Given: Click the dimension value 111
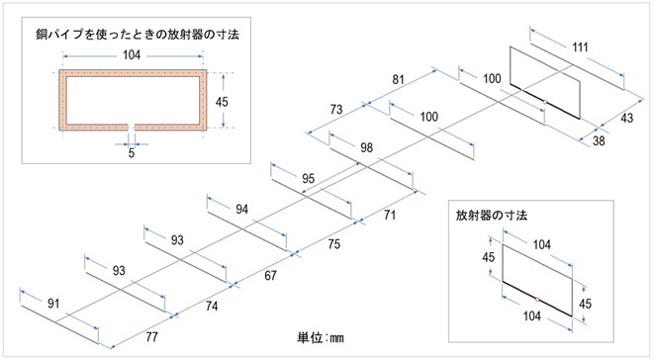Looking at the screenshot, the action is (x=580, y=47).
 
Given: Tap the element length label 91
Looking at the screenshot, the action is (x=53, y=304).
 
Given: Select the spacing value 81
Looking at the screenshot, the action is (x=399, y=79).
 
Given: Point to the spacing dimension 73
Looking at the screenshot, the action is (x=336, y=110).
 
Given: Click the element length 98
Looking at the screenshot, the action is (x=366, y=147).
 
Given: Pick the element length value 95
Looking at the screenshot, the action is (x=308, y=179).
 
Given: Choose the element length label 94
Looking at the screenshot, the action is (x=242, y=209).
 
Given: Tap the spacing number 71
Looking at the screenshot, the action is (x=390, y=216).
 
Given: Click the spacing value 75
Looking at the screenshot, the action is (x=334, y=244).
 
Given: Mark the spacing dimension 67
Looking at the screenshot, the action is (x=271, y=276).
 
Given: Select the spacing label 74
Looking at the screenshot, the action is (x=212, y=307).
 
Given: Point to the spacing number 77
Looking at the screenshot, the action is (x=151, y=336).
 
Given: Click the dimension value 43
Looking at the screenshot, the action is (x=626, y=119).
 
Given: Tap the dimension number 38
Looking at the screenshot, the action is (x=599, y=140).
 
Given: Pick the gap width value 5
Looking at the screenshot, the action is (x=132, y=153).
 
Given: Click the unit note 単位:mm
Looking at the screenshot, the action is (x=321, y=337).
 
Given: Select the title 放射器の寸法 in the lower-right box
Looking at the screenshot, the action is (x=492, y=216).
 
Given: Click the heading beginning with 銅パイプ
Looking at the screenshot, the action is (x=138, y=35).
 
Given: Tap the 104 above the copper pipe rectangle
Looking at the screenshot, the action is (x=132, y=55).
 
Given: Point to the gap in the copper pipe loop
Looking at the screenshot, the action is (x=132, y=127).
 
